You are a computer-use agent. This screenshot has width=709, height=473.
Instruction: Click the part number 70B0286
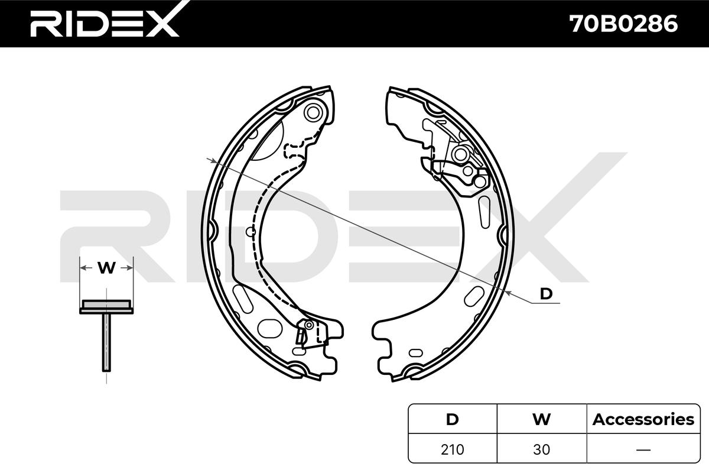(623, 24)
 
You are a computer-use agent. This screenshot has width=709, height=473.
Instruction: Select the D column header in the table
(452, 419)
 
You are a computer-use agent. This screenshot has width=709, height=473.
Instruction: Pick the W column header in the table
(541, 419)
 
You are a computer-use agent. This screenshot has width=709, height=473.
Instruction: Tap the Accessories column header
(643, 419)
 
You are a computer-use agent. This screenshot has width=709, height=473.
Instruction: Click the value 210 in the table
(452, 449)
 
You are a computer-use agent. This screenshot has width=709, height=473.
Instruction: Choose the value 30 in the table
(541, 449)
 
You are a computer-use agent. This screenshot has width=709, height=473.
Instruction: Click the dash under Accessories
(643, 450)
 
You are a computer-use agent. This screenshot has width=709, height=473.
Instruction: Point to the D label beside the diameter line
(546, 294)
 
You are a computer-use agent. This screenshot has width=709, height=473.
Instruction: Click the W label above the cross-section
(106, 268)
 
